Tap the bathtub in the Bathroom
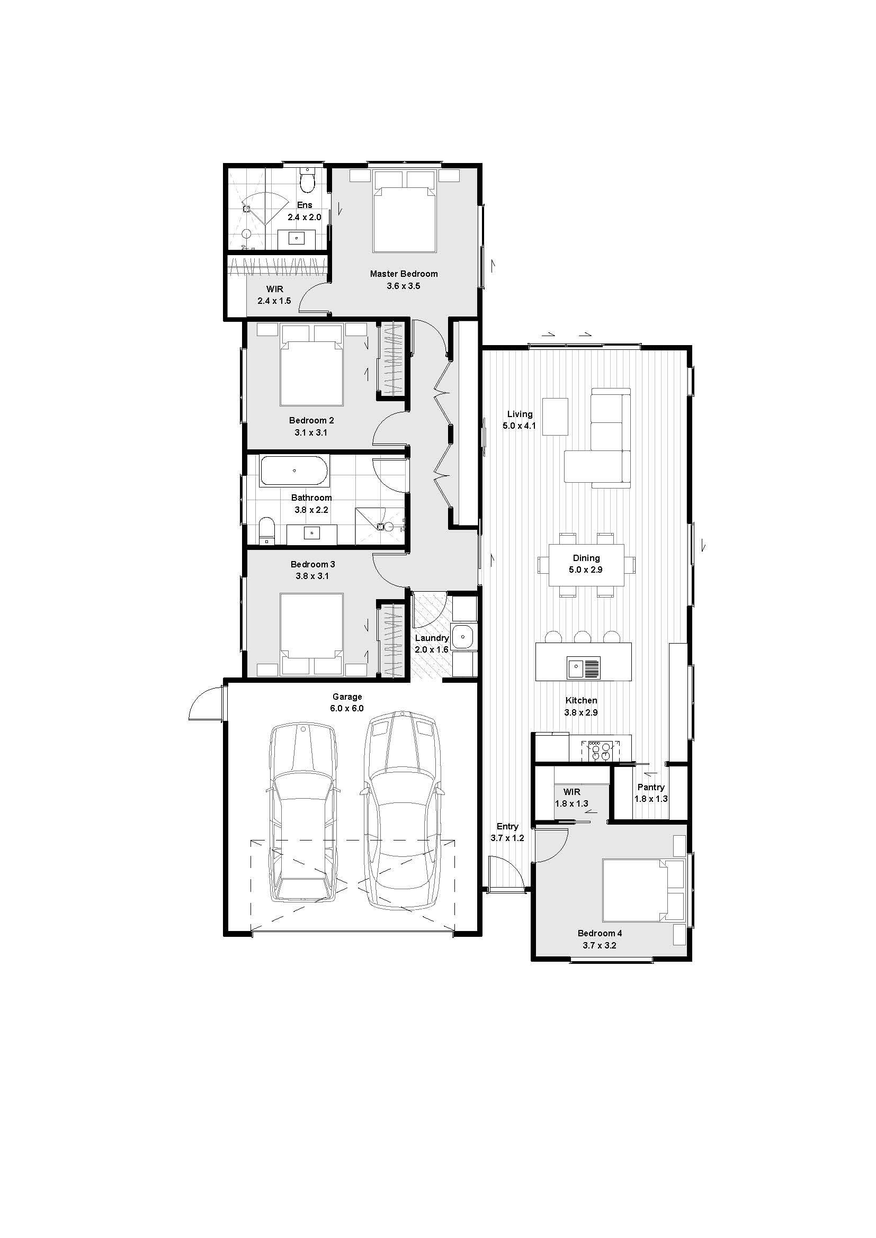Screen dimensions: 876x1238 [x=294, y=471]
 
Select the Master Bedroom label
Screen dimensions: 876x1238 [x=404, y=274]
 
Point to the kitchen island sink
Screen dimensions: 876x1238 [x=583, y=668]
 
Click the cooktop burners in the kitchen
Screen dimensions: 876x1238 [x=600, y=751]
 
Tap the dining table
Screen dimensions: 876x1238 [x=586, y=565]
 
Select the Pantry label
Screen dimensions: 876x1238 [x=650, y=787]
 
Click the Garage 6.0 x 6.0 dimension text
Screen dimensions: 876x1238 [x=347, y=709]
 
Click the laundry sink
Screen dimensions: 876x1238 [x=462, y=637]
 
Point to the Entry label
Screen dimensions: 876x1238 [x=507, y=827]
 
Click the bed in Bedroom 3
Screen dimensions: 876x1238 [x=312, y=635]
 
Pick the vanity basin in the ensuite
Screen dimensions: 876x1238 [x=297, y=238]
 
